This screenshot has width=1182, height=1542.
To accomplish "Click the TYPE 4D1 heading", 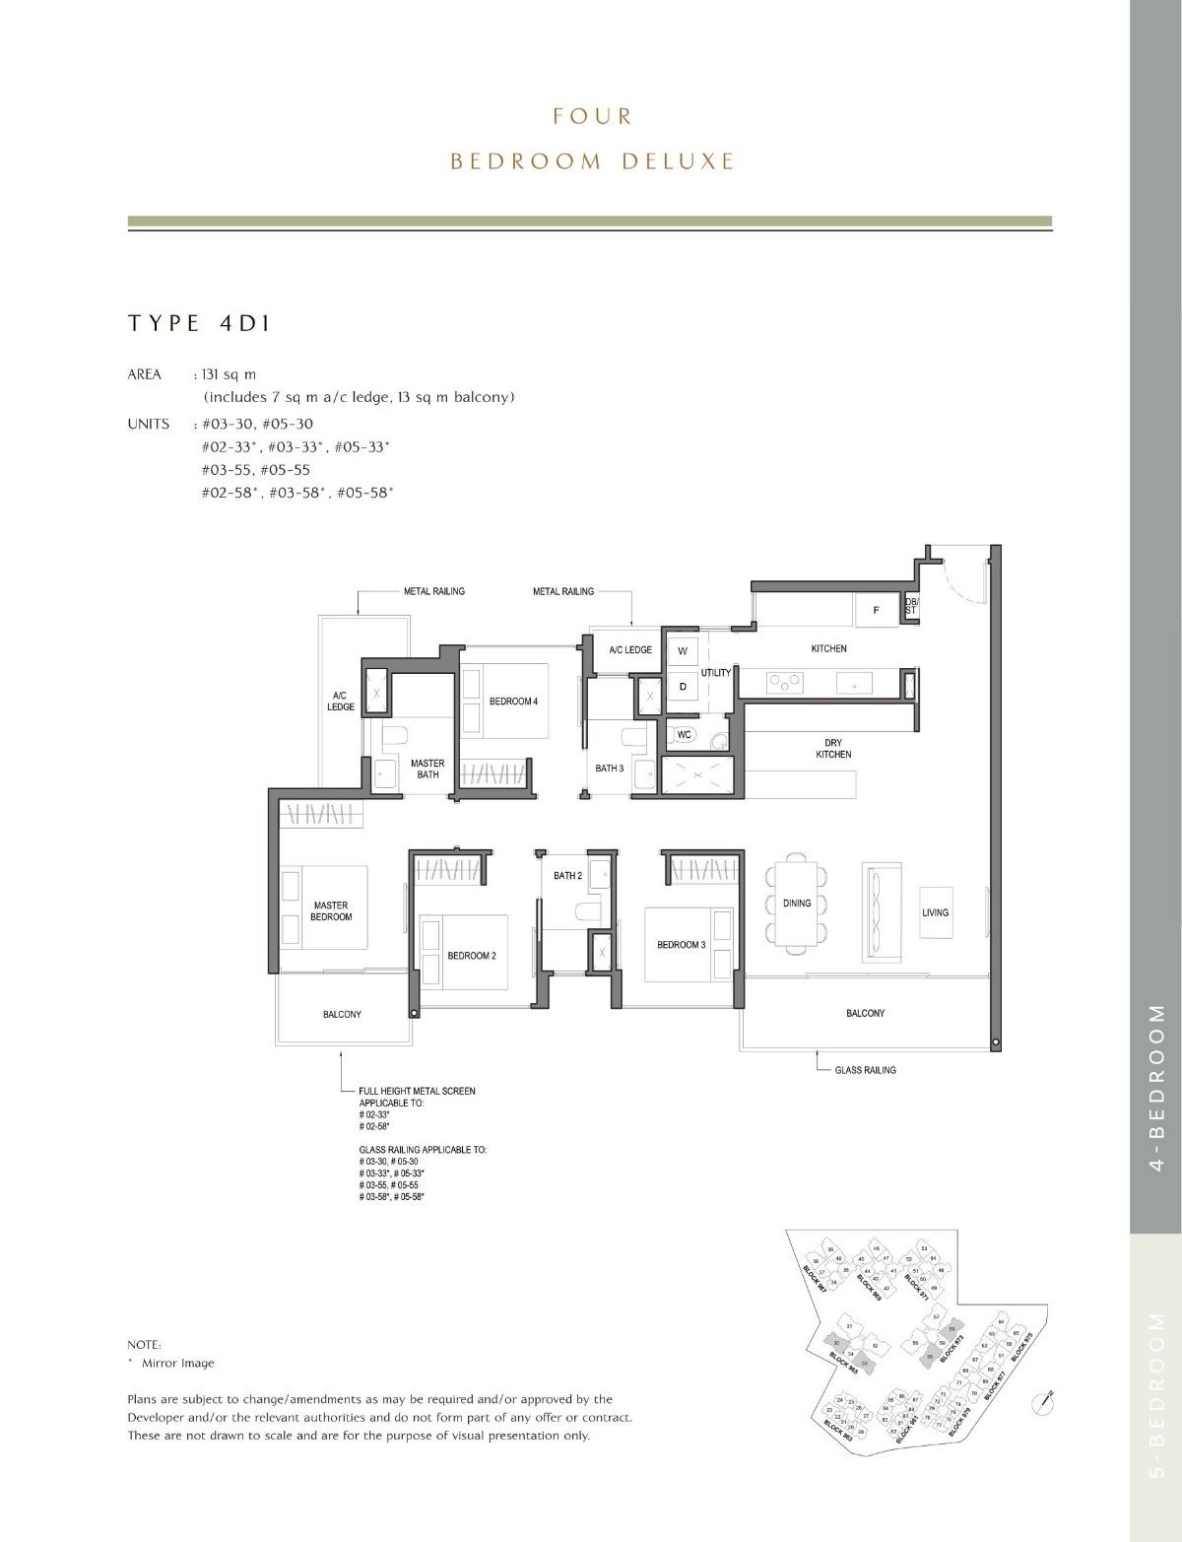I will pos(199,323).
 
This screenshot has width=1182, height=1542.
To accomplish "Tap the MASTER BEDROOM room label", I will pos(330,910).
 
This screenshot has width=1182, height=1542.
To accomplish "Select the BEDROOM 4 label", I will pos(513,702).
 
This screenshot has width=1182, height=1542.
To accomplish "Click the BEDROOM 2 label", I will pos(471,956).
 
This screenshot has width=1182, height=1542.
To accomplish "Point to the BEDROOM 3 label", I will pos(681,945).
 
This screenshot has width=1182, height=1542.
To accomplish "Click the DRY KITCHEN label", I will pos(833,749).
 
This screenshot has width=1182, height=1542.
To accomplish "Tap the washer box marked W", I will pos(682,651).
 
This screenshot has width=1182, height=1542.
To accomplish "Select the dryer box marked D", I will pos(682,686).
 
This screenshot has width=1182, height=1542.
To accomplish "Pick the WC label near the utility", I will pos(686,735).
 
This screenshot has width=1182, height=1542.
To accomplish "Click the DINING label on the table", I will pos(797,903).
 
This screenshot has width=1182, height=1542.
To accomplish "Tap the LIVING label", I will pos(935,912).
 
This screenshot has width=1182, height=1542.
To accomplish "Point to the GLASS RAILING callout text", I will pos(865,1070).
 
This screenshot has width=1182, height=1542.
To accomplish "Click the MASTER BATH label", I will pos(427,769).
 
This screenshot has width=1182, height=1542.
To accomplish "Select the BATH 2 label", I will pos(567,875).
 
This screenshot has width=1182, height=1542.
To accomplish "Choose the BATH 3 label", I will pos(609,769).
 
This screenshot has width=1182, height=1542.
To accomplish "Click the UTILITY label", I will pos(716,673).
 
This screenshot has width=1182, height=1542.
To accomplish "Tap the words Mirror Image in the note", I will pos(177,1364).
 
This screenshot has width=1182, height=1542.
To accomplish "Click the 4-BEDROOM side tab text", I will pos(1156,1088).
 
